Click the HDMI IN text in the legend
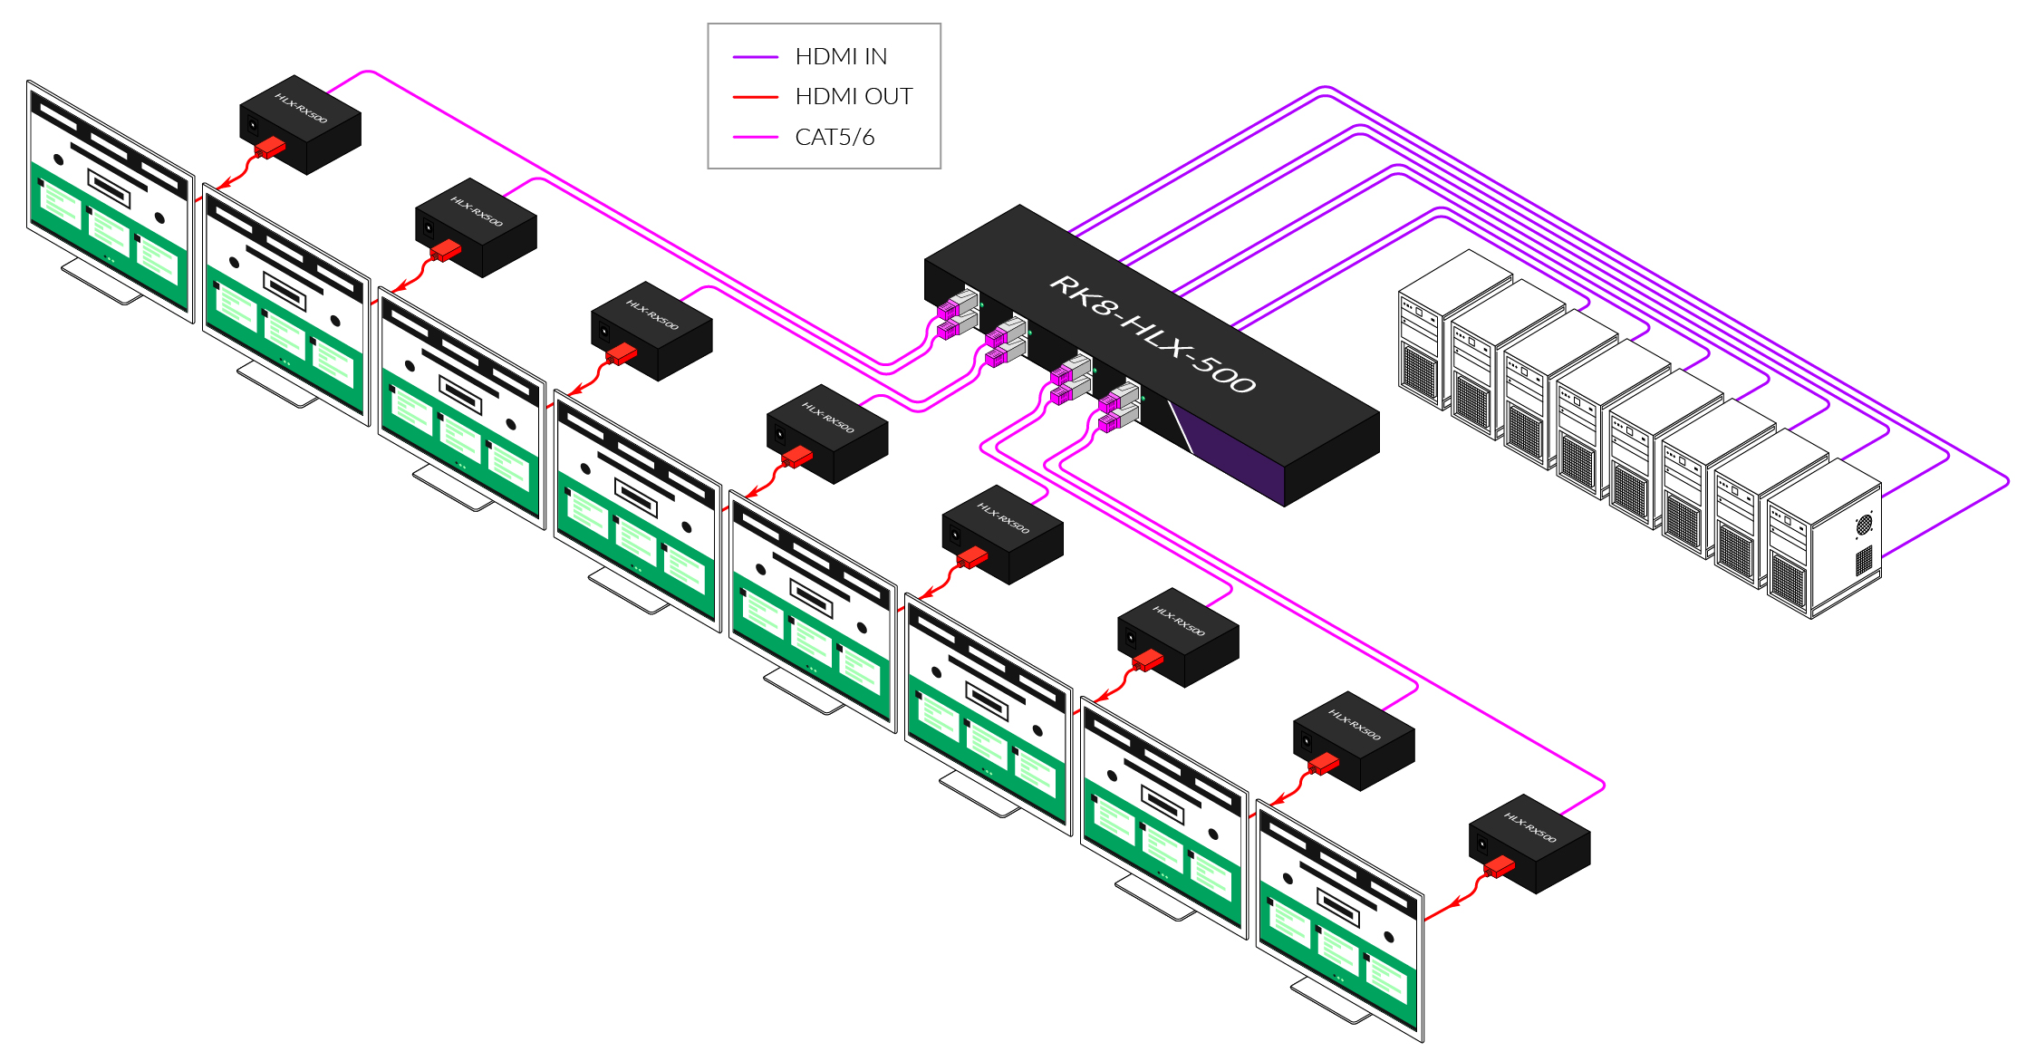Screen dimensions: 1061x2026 [840, 56]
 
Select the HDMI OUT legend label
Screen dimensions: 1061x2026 [853, 96]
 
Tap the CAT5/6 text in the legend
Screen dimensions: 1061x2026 [834, 137]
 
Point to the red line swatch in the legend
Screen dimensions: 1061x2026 [755, 96]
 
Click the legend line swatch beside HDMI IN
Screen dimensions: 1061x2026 [755, 56]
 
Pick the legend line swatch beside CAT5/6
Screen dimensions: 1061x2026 [755, 137]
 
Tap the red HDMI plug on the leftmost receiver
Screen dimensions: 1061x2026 [270, 148]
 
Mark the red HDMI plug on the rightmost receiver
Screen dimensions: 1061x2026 [1500, 867]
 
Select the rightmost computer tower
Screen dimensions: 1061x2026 [1826, 539]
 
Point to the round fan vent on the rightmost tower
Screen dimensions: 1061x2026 [1864, 524]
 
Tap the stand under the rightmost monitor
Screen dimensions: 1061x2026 [1330, 1001]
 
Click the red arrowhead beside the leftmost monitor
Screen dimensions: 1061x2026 [223, 185]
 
